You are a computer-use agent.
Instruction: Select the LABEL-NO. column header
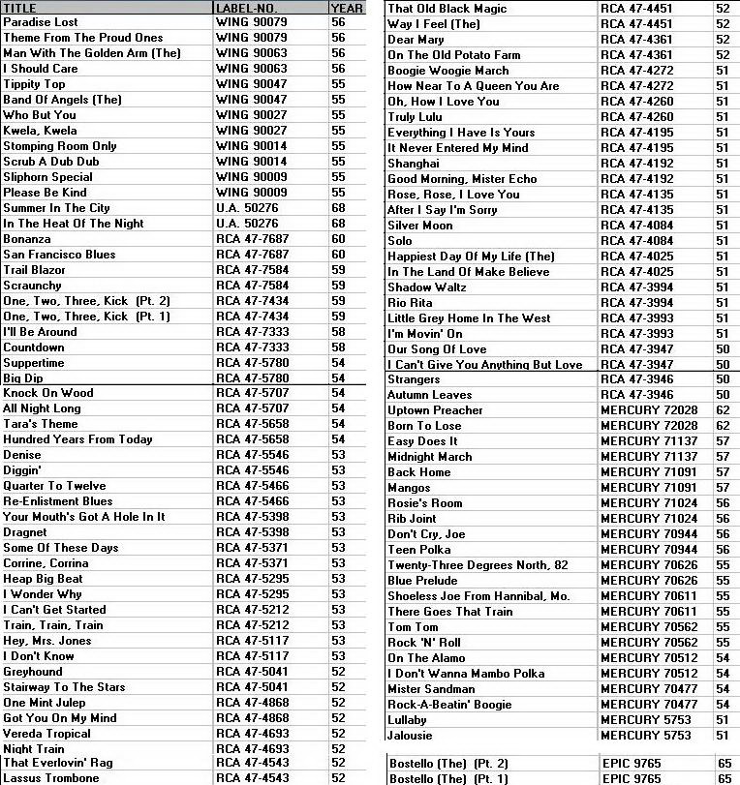point(248,8)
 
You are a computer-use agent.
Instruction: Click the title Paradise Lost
point(41,22)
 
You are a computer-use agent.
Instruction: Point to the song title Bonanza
point(27,239)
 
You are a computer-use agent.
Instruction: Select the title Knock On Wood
point(48,393)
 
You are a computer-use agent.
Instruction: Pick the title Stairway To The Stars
point(64,687)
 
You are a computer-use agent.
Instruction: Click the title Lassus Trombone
point(51,778)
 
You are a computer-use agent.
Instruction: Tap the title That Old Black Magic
point(447,9)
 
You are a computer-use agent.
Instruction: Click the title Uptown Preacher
point(435,410)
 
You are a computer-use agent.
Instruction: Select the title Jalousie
point(410,736)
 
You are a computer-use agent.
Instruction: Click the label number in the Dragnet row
point(252,532)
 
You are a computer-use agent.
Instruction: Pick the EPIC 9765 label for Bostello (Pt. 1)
point(632,778)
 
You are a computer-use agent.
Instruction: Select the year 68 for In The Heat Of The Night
point(338,224)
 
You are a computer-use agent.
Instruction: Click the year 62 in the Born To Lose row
point(723,426)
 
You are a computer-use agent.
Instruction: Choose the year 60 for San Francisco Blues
point(338,255)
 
